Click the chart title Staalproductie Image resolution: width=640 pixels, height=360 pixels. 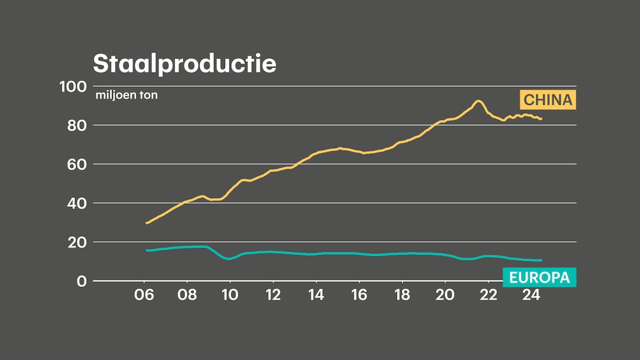(x=184, y=63)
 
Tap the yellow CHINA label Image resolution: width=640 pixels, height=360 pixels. (x=547, y=99)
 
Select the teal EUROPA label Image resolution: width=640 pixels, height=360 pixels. (x=539, y=277)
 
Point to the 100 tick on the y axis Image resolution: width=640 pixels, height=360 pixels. (x=72, y=86)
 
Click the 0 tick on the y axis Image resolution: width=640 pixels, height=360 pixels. (x=81, y=281)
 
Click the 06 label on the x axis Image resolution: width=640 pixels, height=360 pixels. (x=144, y=296)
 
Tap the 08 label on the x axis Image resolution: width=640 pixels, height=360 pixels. (x=187, y=296)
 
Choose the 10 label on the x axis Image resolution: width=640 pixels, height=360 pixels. (x=230, y=296)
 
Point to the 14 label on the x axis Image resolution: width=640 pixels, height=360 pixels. (x=316, y=296)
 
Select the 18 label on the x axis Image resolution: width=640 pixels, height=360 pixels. (x=402, y=296)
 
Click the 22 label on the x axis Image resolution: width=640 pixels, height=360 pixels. (x=487, y=296)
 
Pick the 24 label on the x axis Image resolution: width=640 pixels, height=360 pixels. (x=531, y=296)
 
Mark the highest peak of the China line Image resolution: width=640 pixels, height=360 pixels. (x=479, y=101)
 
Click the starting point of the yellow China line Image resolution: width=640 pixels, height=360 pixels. (x=146, y=223)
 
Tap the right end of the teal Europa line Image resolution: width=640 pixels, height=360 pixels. (x=541, y=260)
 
